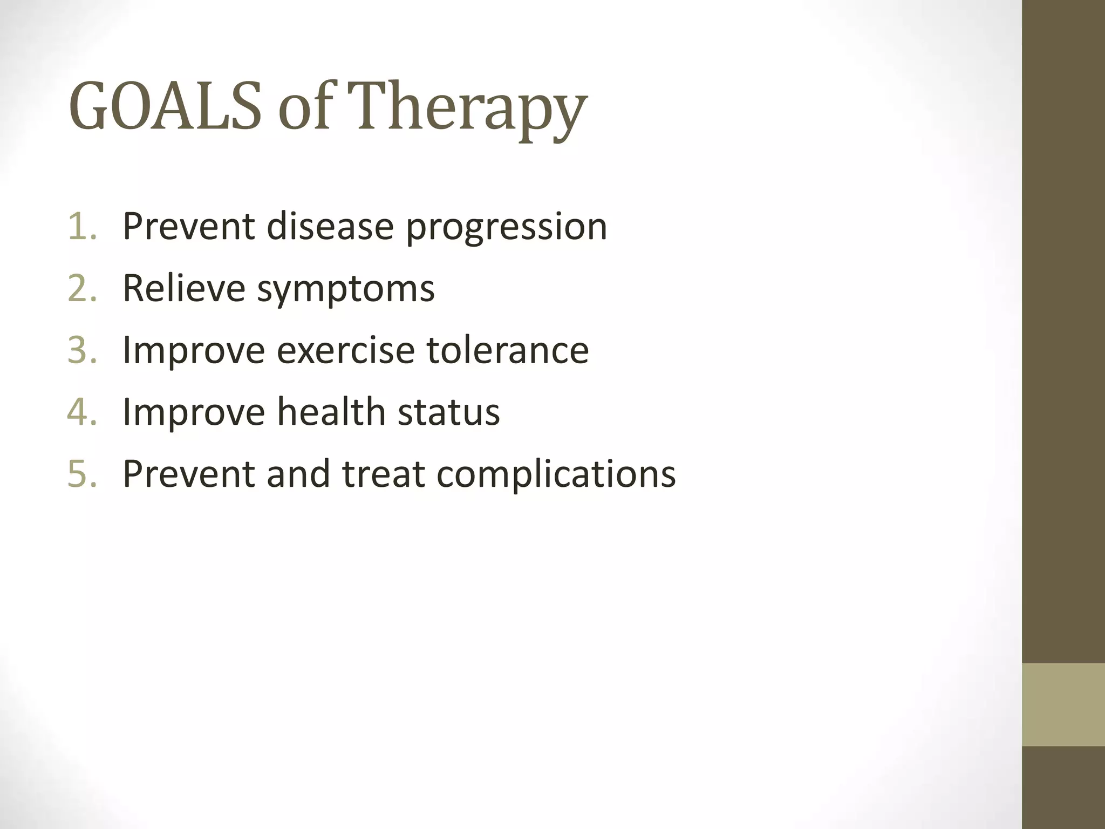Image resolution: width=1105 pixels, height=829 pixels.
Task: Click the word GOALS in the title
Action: tap(165, 106)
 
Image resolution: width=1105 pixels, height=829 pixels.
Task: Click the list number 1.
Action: tap(82, 226)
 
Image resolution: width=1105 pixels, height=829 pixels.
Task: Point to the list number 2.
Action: tap(82, 288)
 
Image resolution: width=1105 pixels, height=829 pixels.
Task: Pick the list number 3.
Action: tap(82, 350)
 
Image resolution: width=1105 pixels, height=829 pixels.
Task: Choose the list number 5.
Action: tap(82, 474)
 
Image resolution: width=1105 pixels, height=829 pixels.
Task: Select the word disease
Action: tap(330, 226)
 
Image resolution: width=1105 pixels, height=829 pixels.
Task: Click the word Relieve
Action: tap(184, 288)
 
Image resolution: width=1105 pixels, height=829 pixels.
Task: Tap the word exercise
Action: tap(346, 350)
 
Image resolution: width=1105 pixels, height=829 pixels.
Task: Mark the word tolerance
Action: tap(508, 350)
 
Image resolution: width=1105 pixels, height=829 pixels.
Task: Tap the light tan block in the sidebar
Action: tap(1063, 704)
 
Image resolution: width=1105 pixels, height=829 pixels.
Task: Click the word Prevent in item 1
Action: tap(188, 226)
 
